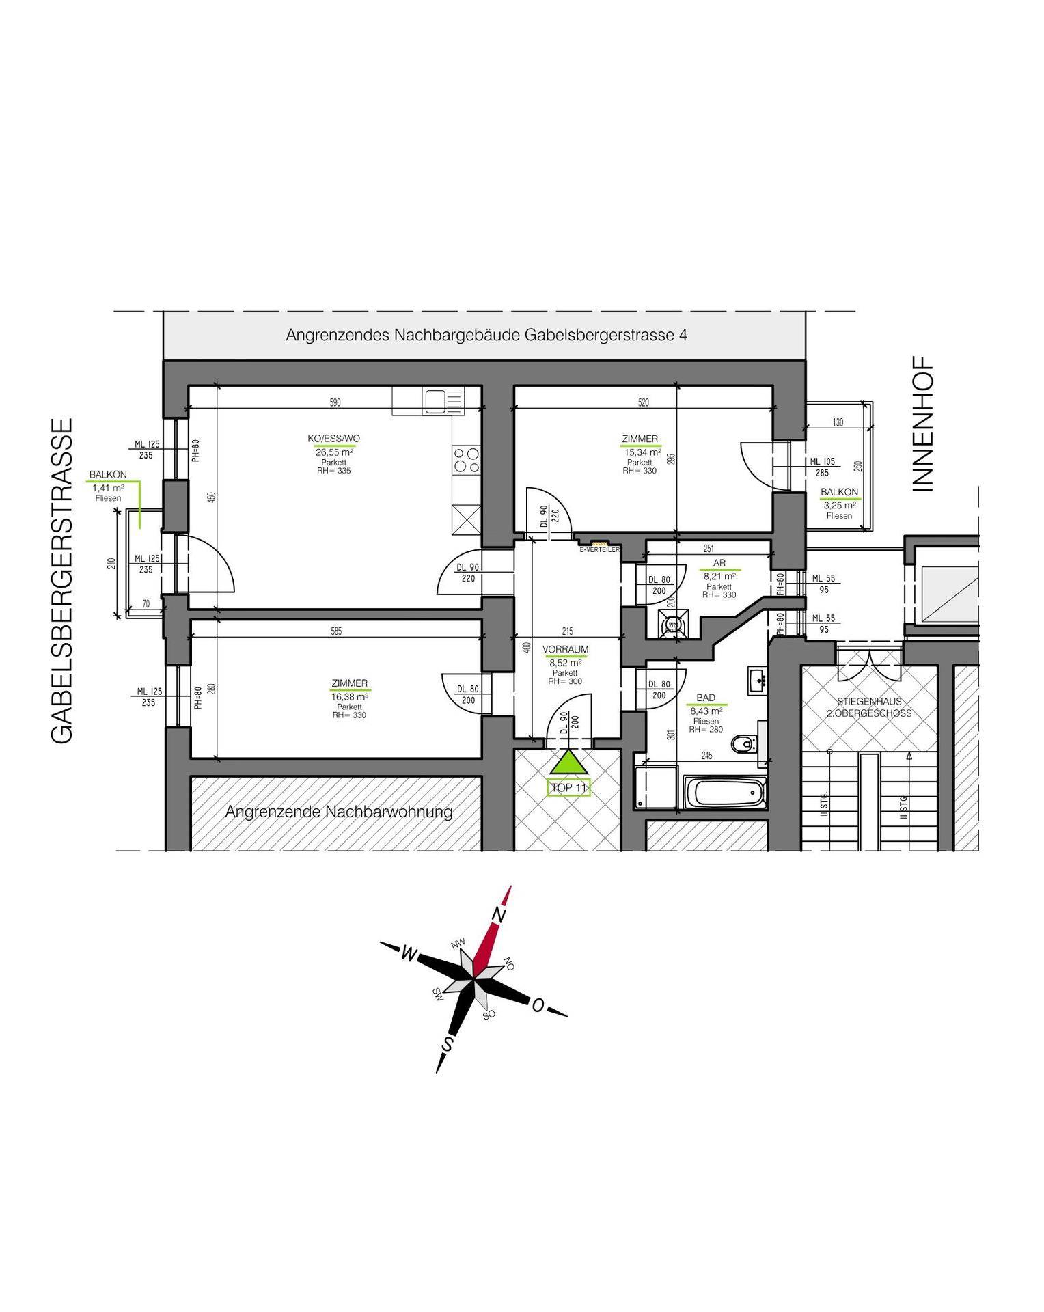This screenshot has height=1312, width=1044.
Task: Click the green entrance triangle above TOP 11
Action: (x=568, y=764)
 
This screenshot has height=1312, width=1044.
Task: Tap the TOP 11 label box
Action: (x=568, y=787)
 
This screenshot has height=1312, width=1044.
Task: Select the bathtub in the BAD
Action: (x=724, y=793)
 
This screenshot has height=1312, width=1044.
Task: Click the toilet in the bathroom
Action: (x=743, y=743)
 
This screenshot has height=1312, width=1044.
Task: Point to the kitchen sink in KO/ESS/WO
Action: (x=436, y=401)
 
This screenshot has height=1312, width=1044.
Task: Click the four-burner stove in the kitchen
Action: (x=467, y=459)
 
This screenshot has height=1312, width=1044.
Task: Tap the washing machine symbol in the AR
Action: (x=671, y=624)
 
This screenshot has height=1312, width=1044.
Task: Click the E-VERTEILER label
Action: (x=599, y=549)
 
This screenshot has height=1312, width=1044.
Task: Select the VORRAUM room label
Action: (x=565, y=649)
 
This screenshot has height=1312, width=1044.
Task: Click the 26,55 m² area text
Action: (x=334, y=452)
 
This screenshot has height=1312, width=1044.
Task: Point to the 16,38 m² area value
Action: (x=349, y=696)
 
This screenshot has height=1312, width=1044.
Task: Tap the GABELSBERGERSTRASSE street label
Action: (x=61, y=581)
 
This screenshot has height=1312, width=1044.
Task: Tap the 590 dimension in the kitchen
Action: (x=335, y=403)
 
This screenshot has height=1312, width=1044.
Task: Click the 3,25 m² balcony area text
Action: (x=839, y=505)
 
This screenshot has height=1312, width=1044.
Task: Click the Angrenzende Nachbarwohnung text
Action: (x=339, y=812)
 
